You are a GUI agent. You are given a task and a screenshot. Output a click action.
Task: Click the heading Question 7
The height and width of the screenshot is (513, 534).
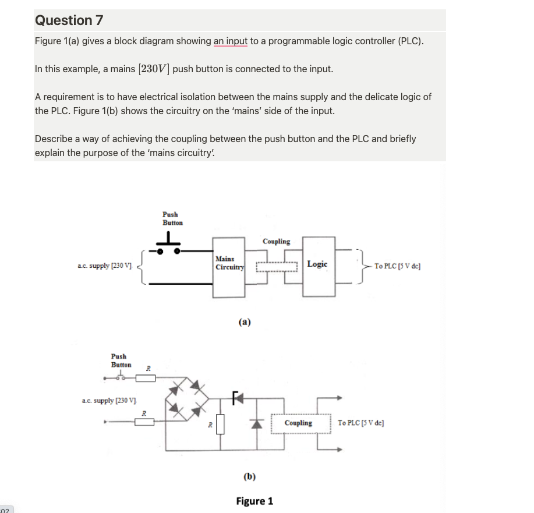coord(69,20)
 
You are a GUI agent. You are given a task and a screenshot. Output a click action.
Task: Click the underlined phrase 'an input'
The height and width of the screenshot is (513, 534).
coord(232,41)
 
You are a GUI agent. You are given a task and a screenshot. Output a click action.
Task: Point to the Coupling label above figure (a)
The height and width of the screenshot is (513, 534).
coord(276,241)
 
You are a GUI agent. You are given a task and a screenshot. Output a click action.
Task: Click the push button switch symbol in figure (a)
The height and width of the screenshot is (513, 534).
coord(168,247)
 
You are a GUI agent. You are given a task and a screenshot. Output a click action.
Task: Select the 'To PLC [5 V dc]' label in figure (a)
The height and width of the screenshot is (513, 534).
coord(398,266)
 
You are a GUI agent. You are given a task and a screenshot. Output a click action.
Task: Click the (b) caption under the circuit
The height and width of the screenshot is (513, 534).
coord(249,476)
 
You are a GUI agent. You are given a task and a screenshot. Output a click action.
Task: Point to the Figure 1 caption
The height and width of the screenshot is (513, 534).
coord(254,501)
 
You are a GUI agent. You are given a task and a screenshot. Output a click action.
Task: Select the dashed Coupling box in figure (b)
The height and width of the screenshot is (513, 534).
coord(298,423)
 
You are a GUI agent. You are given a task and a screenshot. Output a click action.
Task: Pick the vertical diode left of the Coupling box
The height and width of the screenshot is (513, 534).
coord(254,423)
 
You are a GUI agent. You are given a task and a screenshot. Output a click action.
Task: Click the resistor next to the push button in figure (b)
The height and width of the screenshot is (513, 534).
coord(146,379)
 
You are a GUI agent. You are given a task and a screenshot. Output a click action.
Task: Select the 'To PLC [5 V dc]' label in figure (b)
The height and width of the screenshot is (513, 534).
coord(360,423)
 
